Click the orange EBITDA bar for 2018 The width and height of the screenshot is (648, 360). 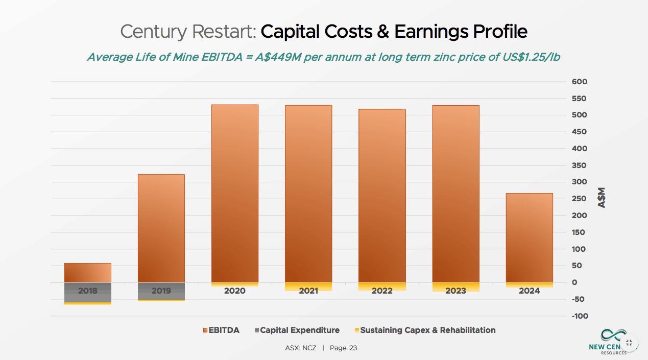tap(87, 273)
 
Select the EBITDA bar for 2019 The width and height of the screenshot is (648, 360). tap(161, 228)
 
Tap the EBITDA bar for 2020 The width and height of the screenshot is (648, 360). tap(235, 193)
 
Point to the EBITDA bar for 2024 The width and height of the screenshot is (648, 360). tap(529, 237)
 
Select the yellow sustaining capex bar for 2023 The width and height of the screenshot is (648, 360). tap(455, 286)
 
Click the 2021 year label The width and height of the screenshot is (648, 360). tap(308, 291)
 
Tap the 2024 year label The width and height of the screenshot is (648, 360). tap(529, 291)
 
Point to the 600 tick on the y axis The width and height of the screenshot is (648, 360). tap(580, 82)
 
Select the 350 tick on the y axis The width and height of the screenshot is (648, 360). tap(580, 165)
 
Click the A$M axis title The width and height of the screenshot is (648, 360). tap(602, 198)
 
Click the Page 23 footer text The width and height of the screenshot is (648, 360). tap(343, 348)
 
